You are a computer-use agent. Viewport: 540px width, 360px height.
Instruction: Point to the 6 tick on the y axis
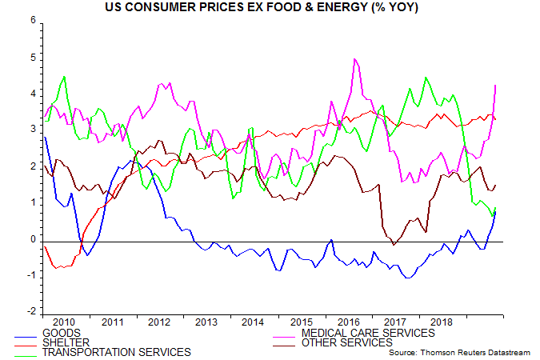32,22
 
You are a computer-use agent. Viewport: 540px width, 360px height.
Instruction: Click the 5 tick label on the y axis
32,58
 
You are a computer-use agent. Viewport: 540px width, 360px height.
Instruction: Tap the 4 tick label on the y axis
32,94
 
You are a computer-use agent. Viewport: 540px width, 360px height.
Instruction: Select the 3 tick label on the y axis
32,130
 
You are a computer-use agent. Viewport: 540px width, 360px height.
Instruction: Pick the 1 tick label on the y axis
32,203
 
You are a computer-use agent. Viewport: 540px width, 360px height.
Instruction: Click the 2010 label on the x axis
66,320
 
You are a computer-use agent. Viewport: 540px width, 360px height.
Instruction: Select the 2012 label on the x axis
158,320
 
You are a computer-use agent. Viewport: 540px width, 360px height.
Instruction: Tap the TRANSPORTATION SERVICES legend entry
116,352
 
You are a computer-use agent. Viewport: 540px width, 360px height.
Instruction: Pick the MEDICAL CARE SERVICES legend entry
368,333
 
